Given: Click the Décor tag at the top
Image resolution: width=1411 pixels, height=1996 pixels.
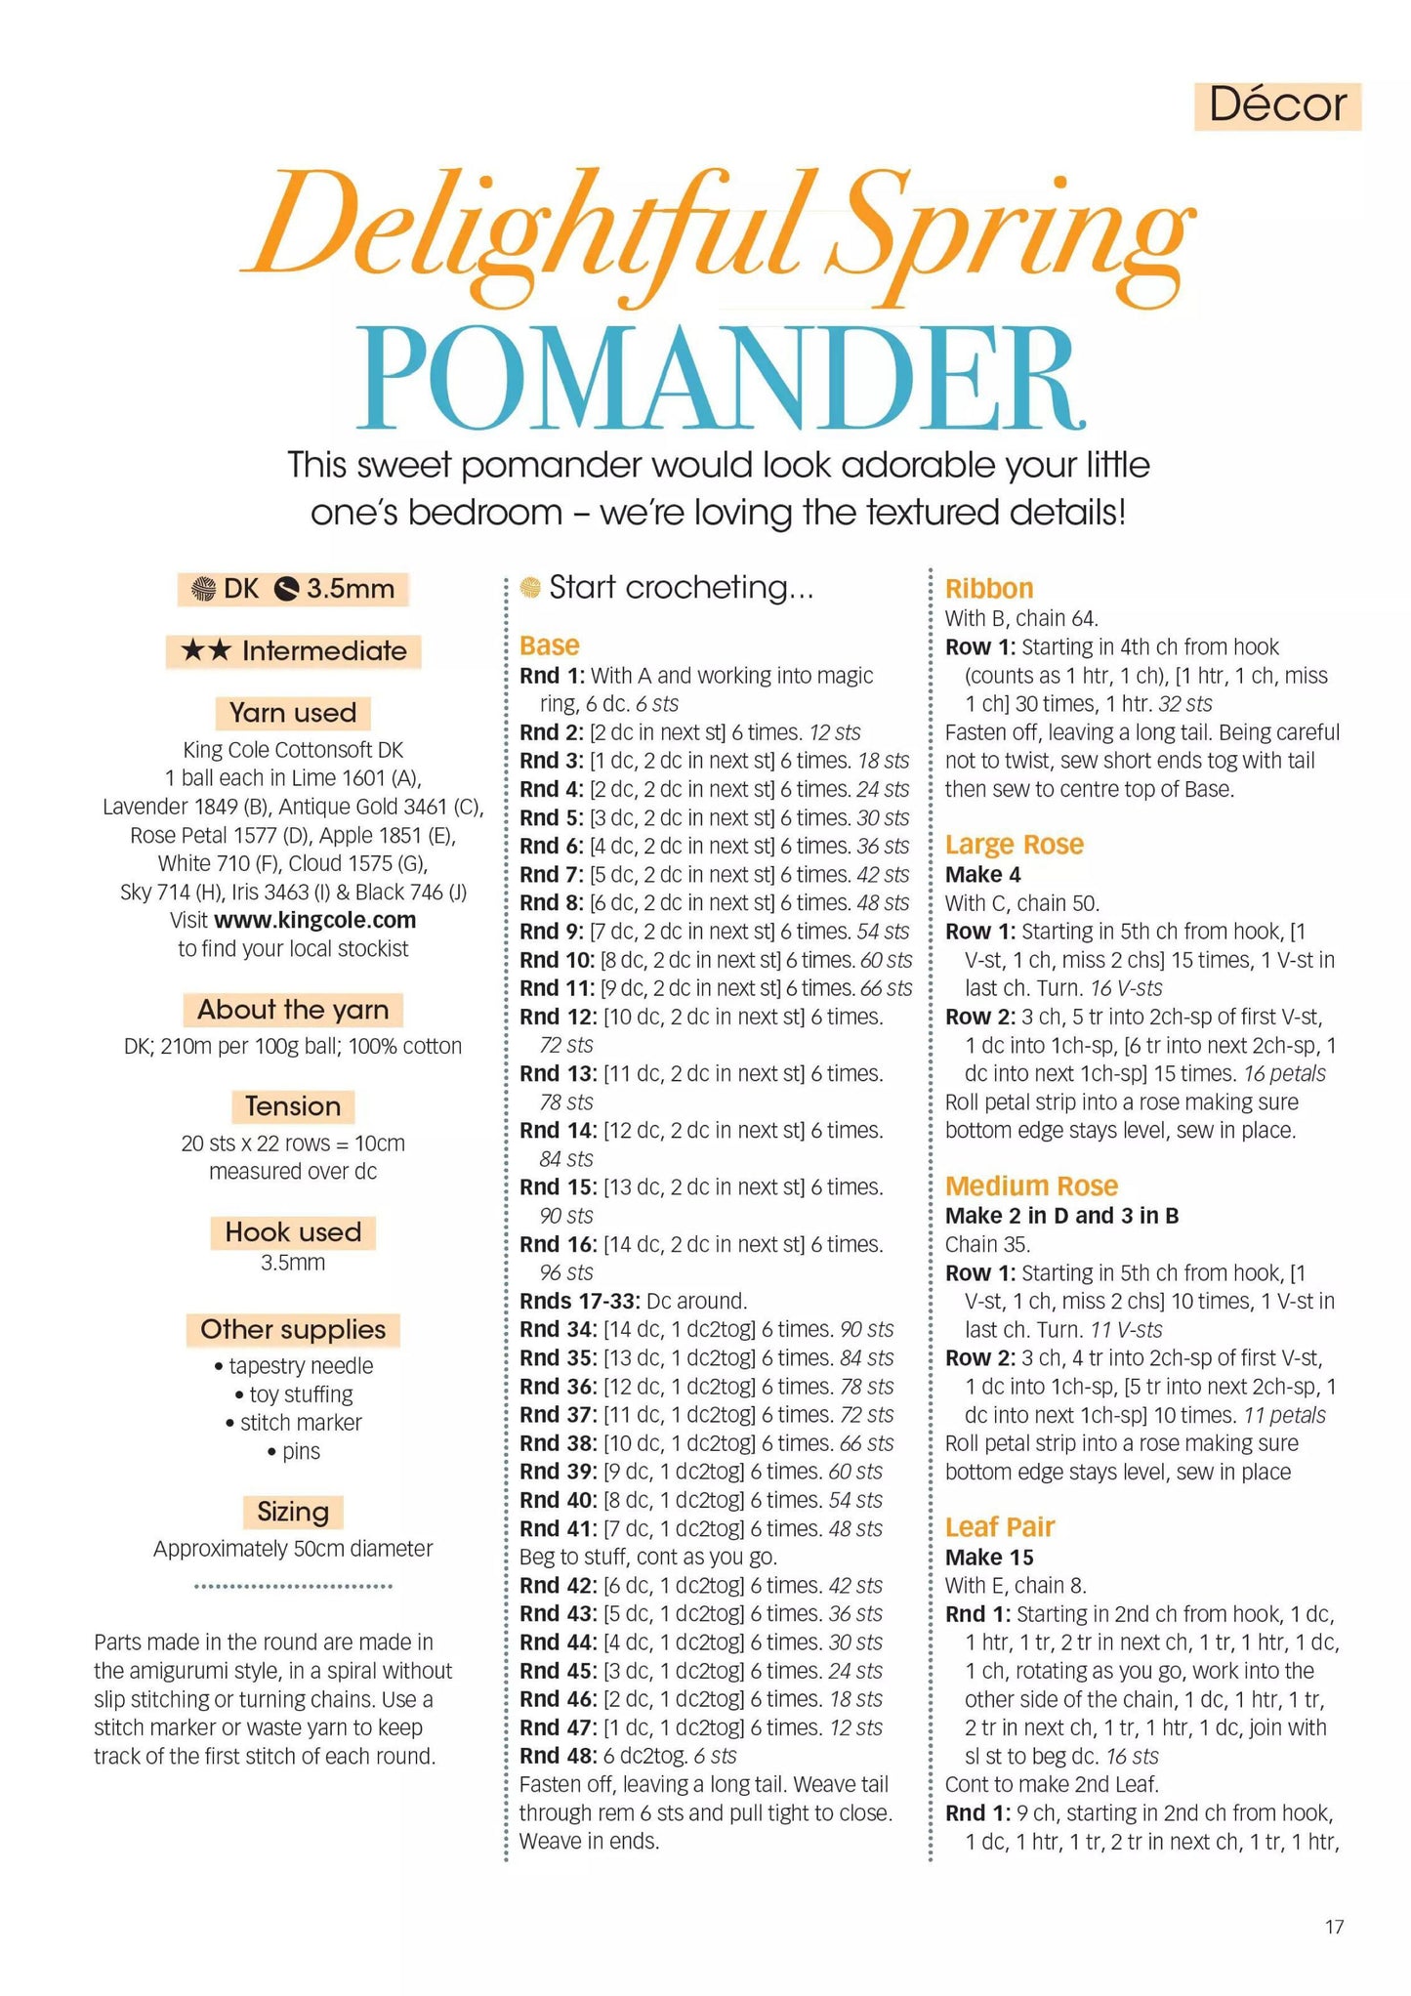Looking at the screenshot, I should pos(1277,105).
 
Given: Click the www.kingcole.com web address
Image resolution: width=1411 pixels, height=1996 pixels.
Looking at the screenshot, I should pos(314,920).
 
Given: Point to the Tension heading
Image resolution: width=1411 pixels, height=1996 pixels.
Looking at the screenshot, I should pos(293,1106).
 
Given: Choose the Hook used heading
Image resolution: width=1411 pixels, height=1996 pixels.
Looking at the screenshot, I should pos(293,1232).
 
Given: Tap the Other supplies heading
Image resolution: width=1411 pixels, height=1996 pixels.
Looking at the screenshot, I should pos(293,1329).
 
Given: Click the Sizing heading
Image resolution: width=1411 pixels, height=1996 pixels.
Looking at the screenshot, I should pos(293,1512).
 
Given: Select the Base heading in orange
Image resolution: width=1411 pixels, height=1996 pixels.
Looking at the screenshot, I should pos(549,645).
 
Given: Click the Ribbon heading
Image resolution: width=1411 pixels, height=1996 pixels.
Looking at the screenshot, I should pos(988,589).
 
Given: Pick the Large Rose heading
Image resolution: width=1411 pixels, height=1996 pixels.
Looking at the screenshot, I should pos(1014,845).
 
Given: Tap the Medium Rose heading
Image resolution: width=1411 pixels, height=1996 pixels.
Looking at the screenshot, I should pos(1031,1186).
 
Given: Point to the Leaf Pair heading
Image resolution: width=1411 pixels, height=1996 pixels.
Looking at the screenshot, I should pos(999,1527).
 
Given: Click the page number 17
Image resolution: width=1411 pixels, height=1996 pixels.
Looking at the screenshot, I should pos(1334,1926).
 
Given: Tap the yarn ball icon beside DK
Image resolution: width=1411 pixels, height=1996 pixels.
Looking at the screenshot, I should pos(203,589).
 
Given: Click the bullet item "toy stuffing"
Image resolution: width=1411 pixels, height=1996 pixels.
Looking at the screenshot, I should pos(301,1394).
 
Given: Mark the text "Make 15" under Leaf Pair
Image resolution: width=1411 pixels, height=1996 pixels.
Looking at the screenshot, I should pos(988,1558).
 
